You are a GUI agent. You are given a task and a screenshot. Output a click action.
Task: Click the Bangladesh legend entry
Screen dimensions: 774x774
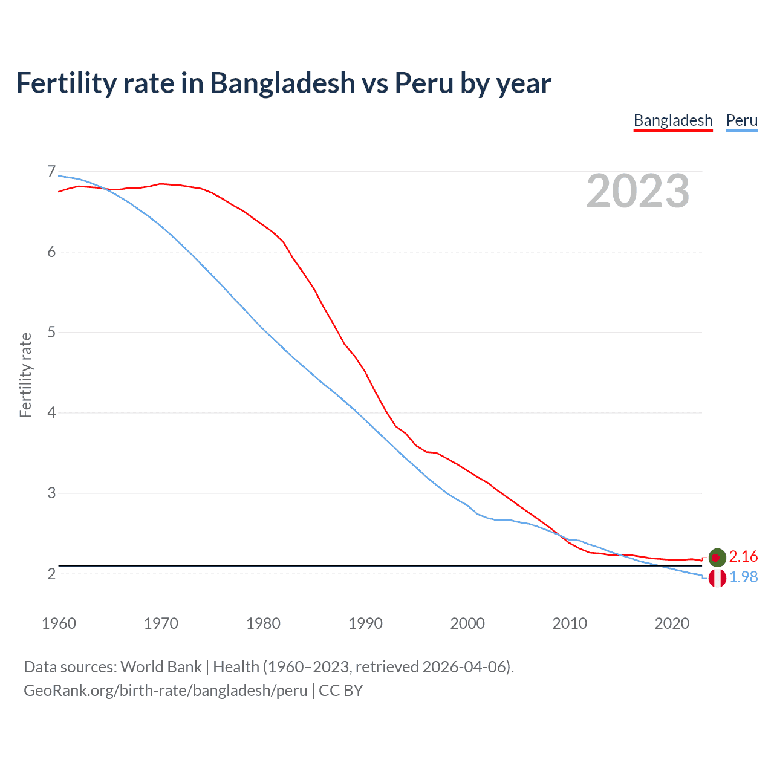[x=673, y=120]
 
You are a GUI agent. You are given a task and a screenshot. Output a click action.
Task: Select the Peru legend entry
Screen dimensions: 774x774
[x=741, y=120]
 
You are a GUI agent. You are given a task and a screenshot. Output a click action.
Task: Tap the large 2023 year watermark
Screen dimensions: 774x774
[x=638, y=191]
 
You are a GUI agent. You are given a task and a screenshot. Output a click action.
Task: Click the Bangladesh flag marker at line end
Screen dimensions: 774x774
[x=717, y=557]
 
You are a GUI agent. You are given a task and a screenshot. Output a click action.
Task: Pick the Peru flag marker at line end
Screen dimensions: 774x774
[x=717, y=578]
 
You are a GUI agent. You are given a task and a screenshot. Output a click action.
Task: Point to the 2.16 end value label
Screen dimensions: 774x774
[x=743, y=556]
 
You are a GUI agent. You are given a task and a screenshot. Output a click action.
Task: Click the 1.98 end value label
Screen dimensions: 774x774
[x=743, y=577]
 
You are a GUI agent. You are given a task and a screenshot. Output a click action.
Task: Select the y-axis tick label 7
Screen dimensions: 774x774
[x=51, y=172]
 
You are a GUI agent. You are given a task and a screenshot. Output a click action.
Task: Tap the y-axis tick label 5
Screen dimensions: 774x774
[x=51, y=333]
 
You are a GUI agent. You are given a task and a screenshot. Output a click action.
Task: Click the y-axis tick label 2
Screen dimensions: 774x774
[x=51, y=574]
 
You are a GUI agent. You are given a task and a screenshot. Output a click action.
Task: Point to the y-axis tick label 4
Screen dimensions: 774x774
[x=51, y=413]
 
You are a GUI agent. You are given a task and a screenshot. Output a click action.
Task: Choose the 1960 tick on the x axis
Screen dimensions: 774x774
[x=59, y=623]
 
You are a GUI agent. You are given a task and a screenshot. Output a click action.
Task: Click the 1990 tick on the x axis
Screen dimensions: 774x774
[x=365, y=623]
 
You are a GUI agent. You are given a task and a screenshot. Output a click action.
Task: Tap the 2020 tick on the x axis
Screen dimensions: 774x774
[x=672, y=623]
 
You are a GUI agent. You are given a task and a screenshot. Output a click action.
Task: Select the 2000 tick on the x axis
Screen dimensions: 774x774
[x=467, y=623]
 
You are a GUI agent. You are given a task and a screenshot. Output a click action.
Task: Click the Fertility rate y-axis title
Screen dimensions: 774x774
[x=25, y=375]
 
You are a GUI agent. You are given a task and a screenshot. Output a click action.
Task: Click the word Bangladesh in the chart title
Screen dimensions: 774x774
[x=282, y=83]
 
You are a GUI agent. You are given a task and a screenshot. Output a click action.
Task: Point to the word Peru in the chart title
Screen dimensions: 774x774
[x=423, y=83]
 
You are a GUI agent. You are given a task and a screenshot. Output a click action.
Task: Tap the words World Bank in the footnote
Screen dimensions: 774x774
[x=161, y=667]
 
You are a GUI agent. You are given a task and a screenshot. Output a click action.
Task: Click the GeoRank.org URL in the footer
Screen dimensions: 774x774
[x=165, y=691]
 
